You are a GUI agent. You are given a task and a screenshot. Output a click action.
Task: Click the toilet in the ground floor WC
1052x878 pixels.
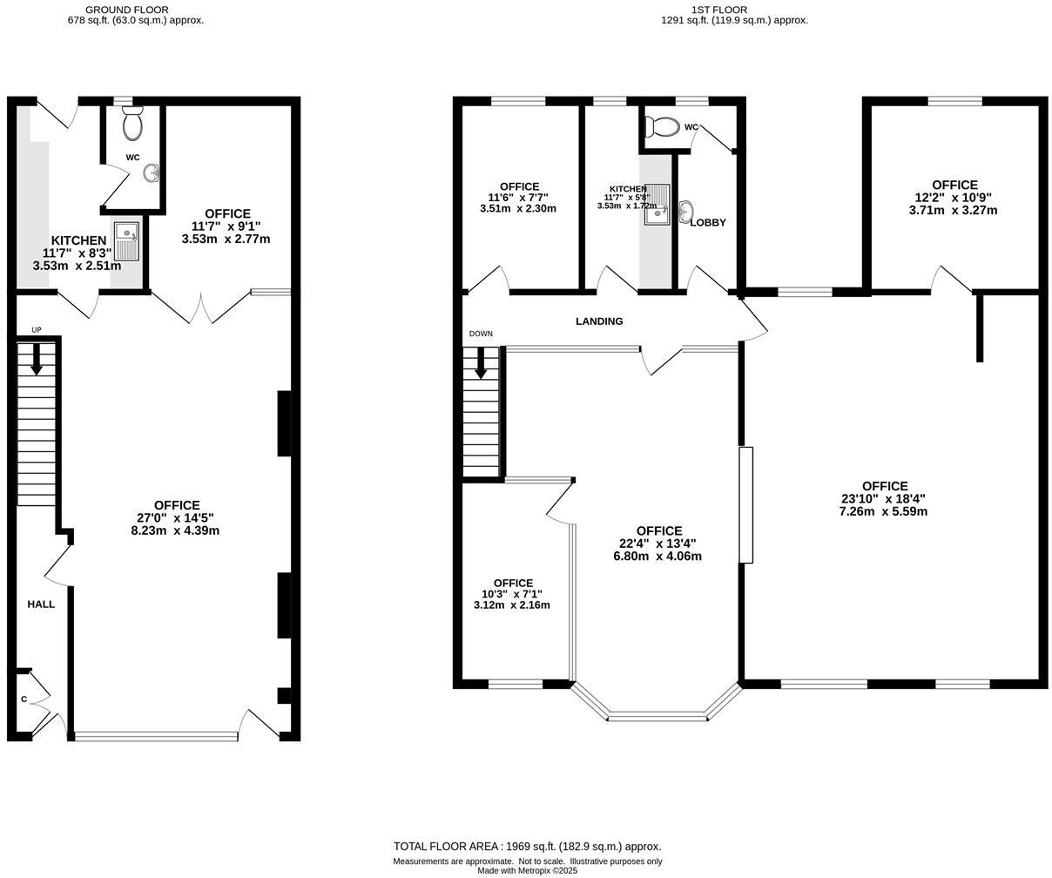pos(132,125)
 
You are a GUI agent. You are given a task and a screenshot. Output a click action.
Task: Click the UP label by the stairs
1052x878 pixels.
pos(37,330)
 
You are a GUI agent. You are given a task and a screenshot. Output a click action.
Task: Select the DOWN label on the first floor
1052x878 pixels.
pos(481,334)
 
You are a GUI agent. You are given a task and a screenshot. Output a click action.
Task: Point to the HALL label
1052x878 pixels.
pos(41,604)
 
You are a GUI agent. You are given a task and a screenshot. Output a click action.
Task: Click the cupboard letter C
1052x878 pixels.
pos(24,699)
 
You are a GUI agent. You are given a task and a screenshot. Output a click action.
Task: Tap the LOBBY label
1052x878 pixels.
pos(708,223)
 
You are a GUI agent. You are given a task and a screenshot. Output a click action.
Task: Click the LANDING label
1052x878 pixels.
pos(599,321)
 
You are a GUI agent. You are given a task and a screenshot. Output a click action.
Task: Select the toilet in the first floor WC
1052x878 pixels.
pos(664,127)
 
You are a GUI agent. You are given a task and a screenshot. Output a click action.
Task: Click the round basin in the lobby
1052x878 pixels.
pos(685,210)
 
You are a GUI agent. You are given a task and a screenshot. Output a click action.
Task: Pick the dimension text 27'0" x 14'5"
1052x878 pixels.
pos(177,517)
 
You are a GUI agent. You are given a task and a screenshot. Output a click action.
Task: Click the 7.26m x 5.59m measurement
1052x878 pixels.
pos(883,511)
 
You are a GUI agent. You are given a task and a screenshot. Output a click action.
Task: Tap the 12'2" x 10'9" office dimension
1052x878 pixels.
pos(954,198)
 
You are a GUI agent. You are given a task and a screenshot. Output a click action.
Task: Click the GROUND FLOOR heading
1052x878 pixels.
pos(127,10)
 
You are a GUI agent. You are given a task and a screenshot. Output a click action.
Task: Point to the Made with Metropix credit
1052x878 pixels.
pos(527,870)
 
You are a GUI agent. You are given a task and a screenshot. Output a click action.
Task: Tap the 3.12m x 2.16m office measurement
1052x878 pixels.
pos(512,604)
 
